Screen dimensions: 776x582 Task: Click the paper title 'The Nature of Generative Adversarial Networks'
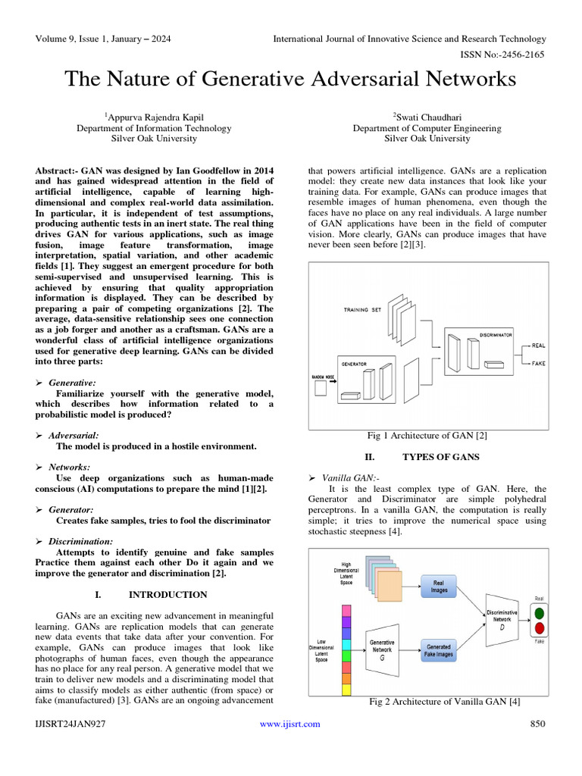[x=290, y=79]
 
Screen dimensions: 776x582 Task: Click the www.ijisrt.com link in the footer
[x=289, y=724]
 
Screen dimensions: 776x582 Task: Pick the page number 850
[x=537, y=724]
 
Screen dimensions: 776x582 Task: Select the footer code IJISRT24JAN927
[x=70, y=724]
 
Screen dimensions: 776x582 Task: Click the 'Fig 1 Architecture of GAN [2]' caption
[x=427, y=436]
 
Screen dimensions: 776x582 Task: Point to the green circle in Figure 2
[x=540, y=613]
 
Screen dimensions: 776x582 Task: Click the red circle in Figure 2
[x=540, y=628]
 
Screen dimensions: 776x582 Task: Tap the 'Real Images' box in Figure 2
[x=440, y=586]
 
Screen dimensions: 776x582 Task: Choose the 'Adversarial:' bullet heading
[x=74, y=436]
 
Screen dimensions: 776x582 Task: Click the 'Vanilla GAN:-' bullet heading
[x=349, y=478]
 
